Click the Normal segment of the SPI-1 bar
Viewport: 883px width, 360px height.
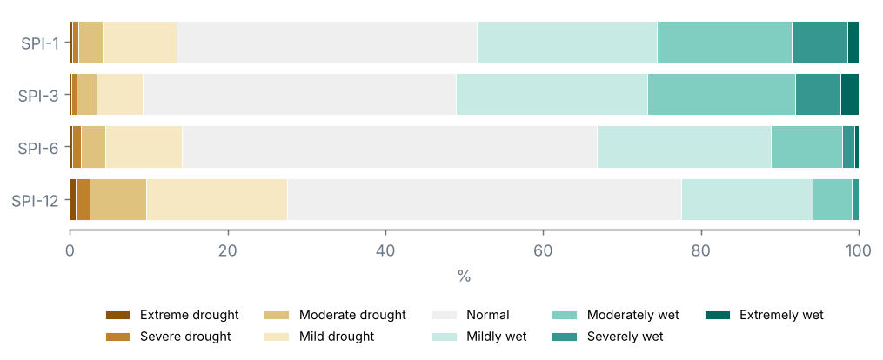click(x=326, y=43)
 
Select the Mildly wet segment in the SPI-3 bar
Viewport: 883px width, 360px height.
click(x=552, y=95)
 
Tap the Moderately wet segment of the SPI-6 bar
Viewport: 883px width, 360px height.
click(x=806, y=147)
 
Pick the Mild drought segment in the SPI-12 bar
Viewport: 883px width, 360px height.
click(x=217, y=200)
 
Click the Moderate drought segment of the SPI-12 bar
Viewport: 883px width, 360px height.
click(x=118, y=200)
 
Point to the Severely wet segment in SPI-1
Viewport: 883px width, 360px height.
click(x=819, y=43)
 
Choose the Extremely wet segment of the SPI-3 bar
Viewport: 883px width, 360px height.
click(x=850, y=95)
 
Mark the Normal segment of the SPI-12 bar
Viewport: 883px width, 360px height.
click(x=485, y=200)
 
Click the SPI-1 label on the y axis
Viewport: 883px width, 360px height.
click(x=40, y=43)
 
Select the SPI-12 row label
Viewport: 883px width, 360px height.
click(x=36, y=200)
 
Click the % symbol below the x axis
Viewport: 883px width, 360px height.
click(x=464, y=277)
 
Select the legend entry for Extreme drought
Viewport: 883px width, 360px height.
click(x=173, y=315)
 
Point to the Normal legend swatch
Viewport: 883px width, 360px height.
click(x=444, y=315)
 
